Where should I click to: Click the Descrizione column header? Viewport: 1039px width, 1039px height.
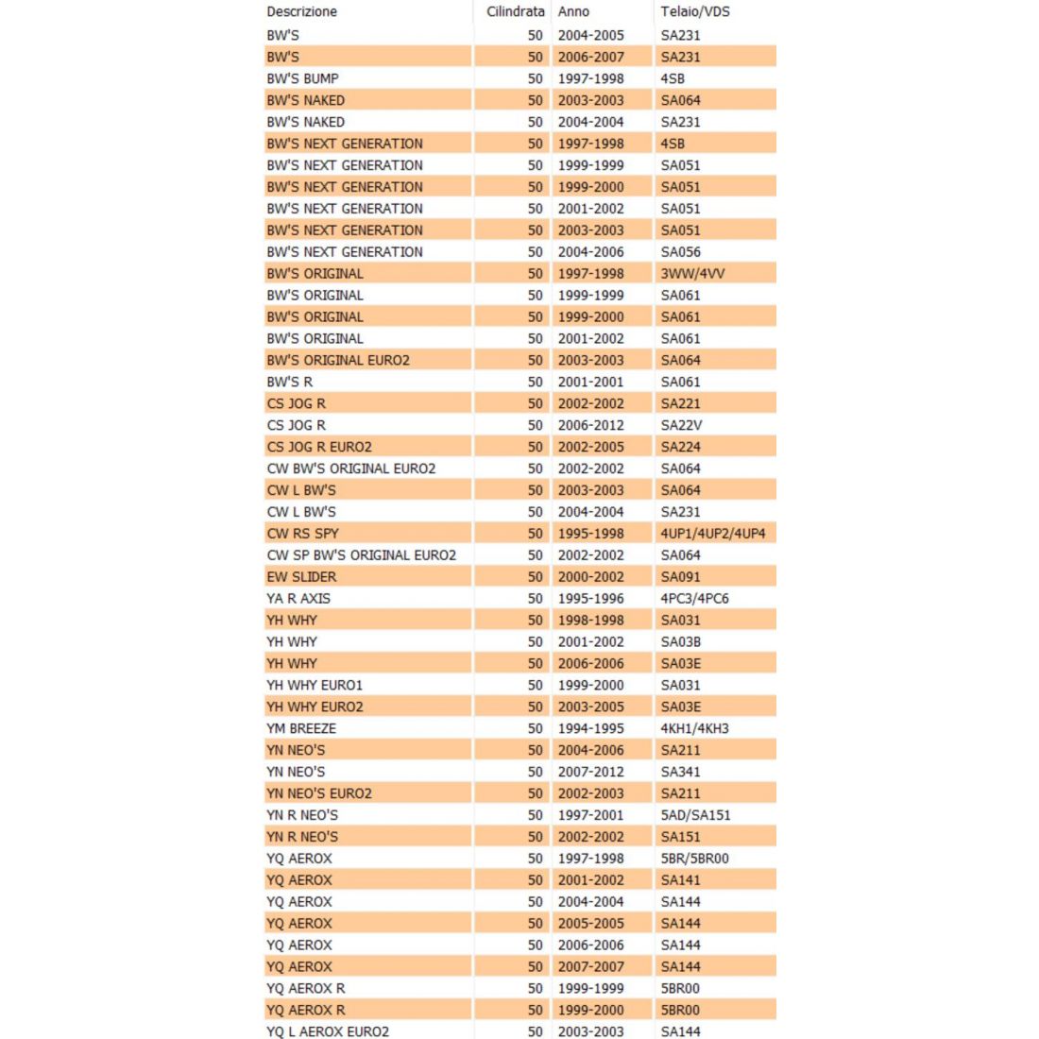(x=301, y=12)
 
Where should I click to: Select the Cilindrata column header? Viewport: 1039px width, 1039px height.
(x=515, y=12)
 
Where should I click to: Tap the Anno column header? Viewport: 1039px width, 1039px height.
(x=573, y=12)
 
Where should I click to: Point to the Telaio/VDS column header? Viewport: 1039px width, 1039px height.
(x=695, y=12)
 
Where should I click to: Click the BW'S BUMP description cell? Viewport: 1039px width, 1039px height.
(x=302, y=78)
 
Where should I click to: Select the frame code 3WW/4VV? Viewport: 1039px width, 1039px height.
(x=692, y=274)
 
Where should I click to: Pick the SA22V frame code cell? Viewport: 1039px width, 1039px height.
(x=681, y=425)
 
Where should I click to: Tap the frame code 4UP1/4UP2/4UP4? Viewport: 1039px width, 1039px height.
(x=713, y=534)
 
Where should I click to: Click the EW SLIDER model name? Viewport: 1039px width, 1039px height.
(x=301, y=577)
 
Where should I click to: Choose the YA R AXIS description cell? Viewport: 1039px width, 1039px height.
(x=298, y=599)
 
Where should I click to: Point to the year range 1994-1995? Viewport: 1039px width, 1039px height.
(x=590, y=729)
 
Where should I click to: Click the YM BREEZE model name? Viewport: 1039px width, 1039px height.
(x=301, y=729)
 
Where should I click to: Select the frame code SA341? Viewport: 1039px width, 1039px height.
(x=680, y=772)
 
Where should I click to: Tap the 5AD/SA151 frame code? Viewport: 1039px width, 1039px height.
(x=695, y=815)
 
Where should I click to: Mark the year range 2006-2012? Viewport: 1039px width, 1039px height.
(x=590, y=425)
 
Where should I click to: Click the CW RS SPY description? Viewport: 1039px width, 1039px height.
(x=302, y=534)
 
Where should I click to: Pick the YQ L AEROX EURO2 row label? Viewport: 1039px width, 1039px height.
(x=328, y=1031)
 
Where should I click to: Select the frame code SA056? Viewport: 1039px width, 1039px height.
(x=680, y=252)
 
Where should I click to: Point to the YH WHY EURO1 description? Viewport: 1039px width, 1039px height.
(x=315, y=686)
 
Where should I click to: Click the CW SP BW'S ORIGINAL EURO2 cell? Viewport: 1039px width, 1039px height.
(x=361, y=555)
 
